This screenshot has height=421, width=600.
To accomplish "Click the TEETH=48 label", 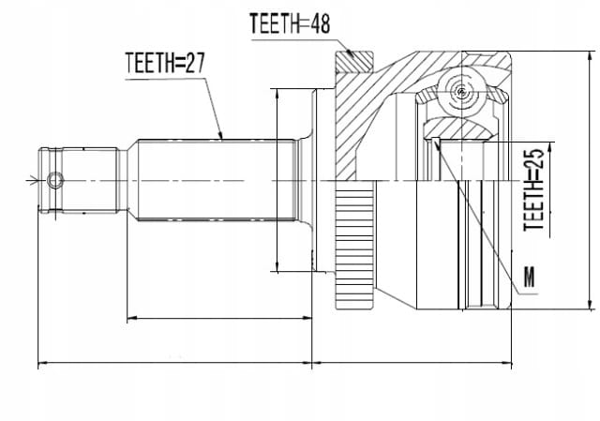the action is point(290,23).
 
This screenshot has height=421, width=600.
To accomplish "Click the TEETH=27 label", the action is point(165,63).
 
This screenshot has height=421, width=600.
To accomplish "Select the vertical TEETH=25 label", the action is point(533,189).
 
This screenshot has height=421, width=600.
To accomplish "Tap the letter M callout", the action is point(529,277).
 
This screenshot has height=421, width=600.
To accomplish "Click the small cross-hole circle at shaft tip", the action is point(55,180).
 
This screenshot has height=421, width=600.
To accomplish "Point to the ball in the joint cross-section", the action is point(462,92).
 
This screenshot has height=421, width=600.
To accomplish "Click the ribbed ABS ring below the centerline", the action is point(354,245).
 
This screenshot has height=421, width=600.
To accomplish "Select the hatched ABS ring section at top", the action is point(354,62).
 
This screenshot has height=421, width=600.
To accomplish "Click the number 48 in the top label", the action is point(320,23).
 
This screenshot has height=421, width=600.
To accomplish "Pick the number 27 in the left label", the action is point(196,63).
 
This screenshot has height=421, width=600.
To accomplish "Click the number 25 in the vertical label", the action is point(533,158).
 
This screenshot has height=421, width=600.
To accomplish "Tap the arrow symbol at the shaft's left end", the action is point(32,180).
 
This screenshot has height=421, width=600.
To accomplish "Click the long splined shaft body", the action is point(217,180).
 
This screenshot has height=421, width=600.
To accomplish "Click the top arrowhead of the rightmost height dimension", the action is point(591,56).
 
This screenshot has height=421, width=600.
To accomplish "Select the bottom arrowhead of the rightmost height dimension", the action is point(591,303).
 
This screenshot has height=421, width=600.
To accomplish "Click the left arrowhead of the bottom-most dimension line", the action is point(42,363).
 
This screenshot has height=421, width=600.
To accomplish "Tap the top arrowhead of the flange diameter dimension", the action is point(277,94).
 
